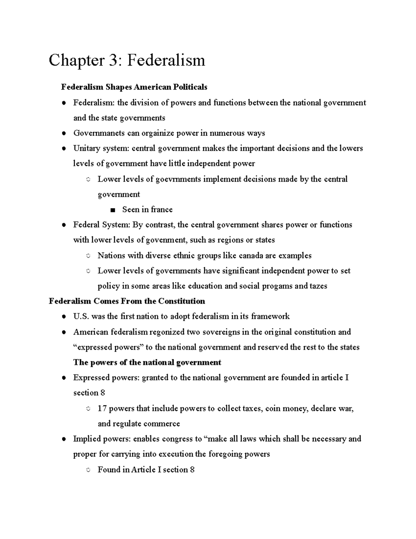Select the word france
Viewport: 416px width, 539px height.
162,210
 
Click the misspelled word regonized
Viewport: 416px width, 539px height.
167,332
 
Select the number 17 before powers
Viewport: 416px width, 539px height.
102,409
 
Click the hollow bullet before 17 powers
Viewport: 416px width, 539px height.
88,409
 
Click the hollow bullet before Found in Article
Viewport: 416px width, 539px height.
88,470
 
